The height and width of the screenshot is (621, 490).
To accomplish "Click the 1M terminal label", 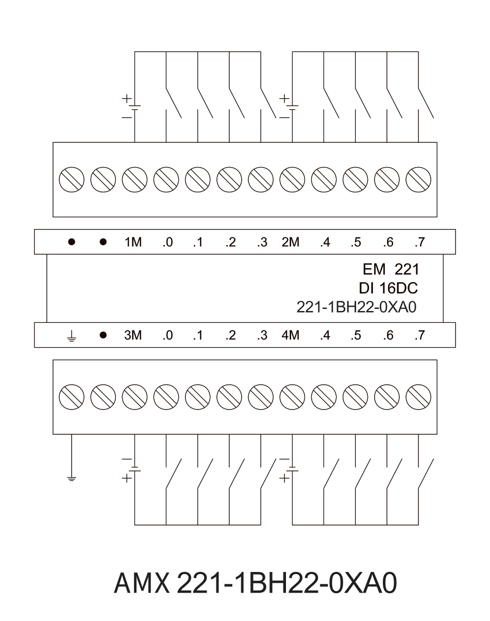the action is (133, 242).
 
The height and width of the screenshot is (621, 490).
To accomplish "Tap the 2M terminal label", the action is (291, 242).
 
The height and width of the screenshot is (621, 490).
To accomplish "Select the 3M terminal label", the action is (133, 335).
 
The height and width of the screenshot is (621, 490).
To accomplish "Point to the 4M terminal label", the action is (291, 335).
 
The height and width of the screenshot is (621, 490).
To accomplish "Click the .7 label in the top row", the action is (420, 242).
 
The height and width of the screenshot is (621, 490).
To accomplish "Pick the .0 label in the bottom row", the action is (167, 335).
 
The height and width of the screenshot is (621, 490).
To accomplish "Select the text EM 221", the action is (391, 270).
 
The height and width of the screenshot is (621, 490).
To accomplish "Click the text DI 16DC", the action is (388, 288).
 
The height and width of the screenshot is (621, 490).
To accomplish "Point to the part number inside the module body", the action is (357, 307).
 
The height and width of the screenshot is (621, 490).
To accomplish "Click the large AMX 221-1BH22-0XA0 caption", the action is (256, 583).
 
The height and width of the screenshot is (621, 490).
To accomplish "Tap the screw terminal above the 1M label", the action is (134, 179).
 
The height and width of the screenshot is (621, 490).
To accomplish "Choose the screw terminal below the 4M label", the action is (292, 397).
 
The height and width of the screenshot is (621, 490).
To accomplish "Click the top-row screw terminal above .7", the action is (418, 179).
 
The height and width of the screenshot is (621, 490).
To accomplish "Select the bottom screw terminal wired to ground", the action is (72, 397).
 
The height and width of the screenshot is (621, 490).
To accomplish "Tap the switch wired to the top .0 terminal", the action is (173, 103).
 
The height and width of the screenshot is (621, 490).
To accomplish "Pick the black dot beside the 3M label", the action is (103, 335).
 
